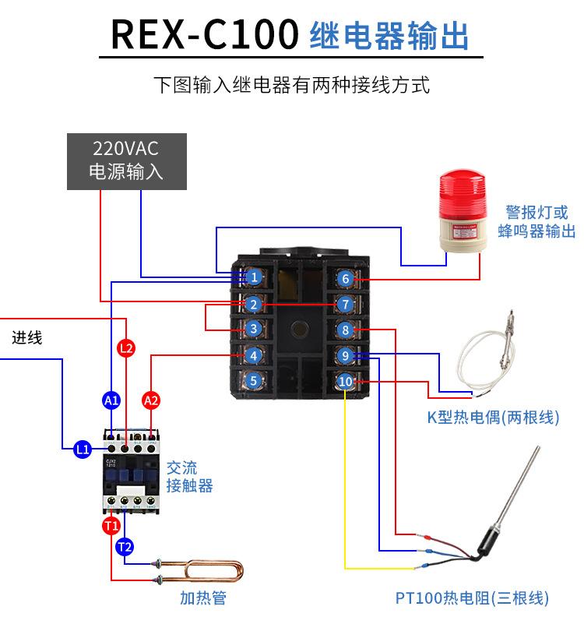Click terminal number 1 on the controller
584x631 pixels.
coord(254,277)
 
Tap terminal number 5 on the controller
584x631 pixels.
coord(254,381)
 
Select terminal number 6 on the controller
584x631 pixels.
coord(347,278)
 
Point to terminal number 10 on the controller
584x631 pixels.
coord(347,382)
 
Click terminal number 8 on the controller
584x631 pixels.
coord(347,330)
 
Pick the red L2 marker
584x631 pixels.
coord(127,347)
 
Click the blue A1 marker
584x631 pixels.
coord(111,400)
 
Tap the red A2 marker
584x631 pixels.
coord(151,400)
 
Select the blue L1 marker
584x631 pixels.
coord(83,449)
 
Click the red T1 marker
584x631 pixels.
coord(111,526)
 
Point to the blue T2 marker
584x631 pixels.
coord(125,547)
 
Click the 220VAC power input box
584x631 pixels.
coord(127,161)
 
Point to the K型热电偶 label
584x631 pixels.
coord(493,418)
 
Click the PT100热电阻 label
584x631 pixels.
coord(472,598)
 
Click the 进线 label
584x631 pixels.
coord(27,338)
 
